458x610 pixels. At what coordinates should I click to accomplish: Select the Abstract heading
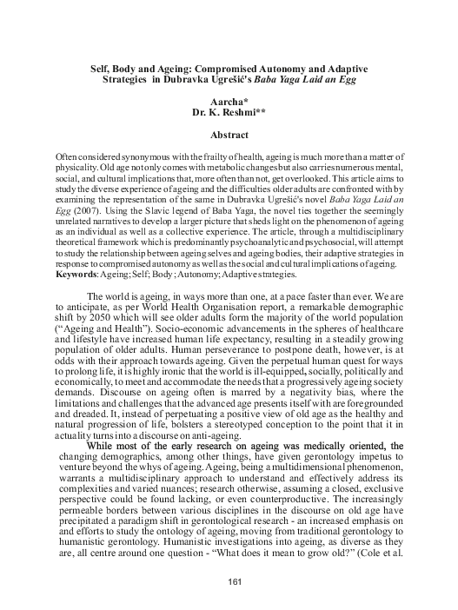pyautogui.click(x=230, y=136)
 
